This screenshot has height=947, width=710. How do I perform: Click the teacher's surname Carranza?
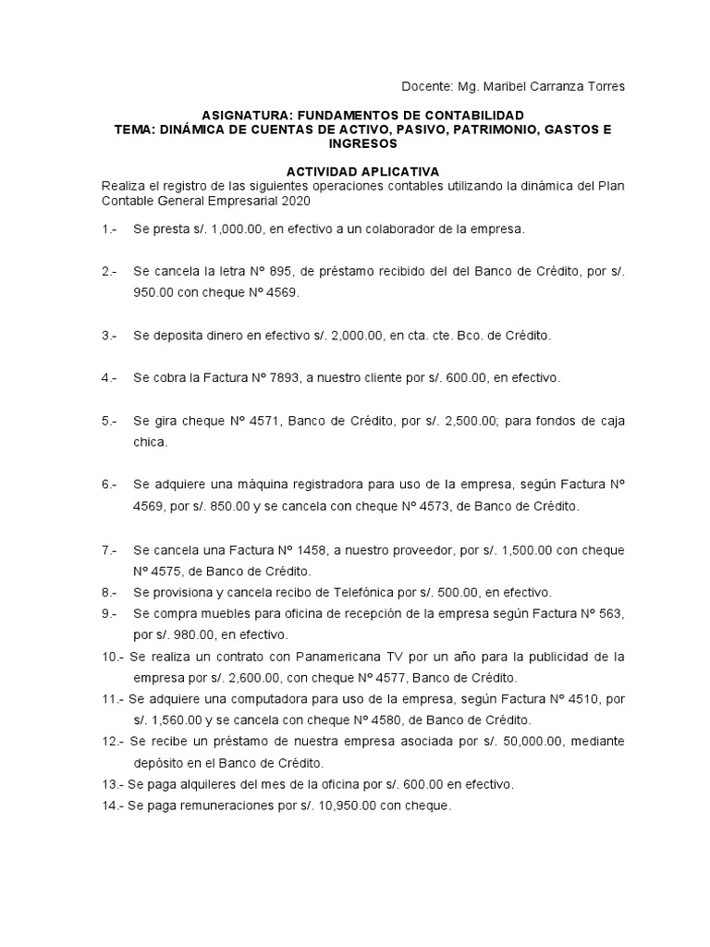pyautogui.click(x=559, y=86)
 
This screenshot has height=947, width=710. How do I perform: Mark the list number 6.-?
pyautogui.click(x=110, y=485)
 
